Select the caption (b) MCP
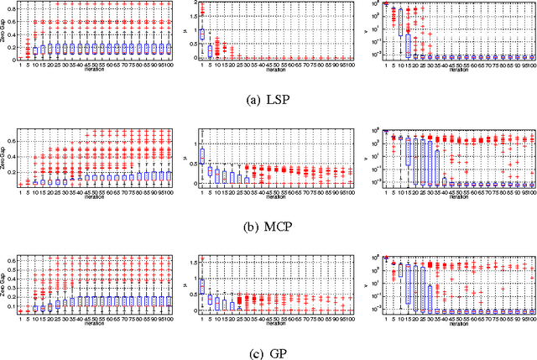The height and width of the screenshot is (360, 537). click(268, 225)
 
